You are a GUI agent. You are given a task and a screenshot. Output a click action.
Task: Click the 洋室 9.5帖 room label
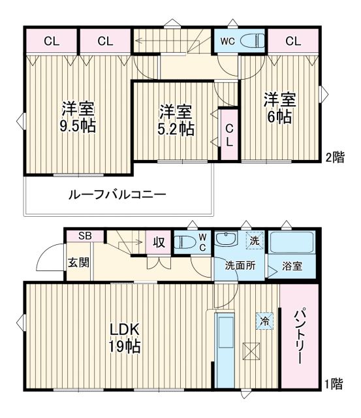(78, 116)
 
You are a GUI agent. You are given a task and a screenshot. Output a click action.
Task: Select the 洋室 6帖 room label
(279, 108)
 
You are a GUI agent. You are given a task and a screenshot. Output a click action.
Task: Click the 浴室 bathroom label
(292, 266)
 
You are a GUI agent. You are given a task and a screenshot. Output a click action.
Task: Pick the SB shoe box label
(86, 236)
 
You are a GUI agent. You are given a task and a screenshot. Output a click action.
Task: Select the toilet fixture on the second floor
(251, 41)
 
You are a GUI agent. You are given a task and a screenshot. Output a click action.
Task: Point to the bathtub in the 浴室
(292, 242)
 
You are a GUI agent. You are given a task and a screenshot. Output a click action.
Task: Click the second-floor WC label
(226, 40)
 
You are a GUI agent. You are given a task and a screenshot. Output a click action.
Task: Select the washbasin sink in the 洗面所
(228, 240)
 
